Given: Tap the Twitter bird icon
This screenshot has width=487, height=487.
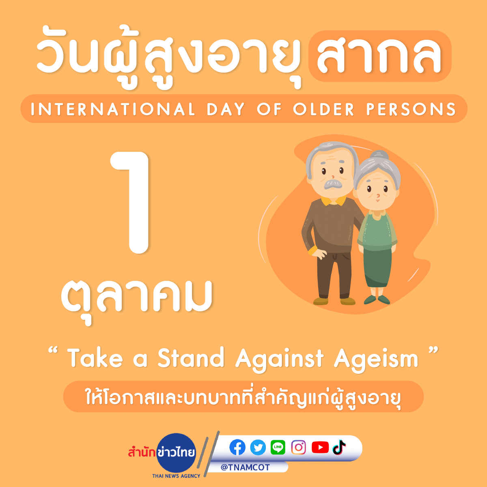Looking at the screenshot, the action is (258, 447).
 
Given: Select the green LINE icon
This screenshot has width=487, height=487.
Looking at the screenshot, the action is (278, 447).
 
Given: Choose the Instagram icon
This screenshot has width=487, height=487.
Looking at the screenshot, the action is (298, 447).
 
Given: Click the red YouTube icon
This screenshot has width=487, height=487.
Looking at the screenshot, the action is (320, 447).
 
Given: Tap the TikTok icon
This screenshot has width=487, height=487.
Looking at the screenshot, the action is (339, 447).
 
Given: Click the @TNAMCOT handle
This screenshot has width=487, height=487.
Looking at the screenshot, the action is (245, 468).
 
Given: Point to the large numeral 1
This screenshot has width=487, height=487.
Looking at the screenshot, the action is (133, 202).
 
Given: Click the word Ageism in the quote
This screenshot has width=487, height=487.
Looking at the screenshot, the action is (376, 359).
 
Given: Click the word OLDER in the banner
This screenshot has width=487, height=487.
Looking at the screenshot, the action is (323, 109).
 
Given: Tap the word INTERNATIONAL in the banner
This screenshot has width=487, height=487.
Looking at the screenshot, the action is (113, 109).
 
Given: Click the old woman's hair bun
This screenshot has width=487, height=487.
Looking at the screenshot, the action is (379, 155).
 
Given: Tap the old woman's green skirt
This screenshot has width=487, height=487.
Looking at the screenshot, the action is (377, 268).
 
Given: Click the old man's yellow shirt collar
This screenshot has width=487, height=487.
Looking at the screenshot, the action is (333, 201).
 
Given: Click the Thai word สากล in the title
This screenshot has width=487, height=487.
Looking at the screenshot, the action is (379, 55).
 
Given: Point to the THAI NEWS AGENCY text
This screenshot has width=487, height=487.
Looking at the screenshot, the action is (176, 476).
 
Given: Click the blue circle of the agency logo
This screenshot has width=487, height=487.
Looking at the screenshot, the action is (176, 453).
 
